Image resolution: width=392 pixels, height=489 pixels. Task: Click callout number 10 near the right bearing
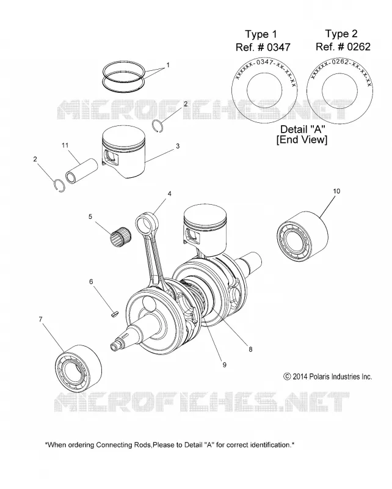336,191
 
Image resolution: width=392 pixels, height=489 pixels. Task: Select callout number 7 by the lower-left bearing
40,319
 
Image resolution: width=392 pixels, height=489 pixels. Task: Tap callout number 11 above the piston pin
65,145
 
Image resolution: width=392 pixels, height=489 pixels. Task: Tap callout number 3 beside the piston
178,146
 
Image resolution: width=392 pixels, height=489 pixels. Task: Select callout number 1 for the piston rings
168,65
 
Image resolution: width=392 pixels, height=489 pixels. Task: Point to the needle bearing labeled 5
120,238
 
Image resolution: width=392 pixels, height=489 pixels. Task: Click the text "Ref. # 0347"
263,48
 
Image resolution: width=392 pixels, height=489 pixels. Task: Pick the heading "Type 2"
341,34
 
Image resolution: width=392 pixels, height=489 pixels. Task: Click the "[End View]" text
302,139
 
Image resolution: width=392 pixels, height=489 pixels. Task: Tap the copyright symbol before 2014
287,377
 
